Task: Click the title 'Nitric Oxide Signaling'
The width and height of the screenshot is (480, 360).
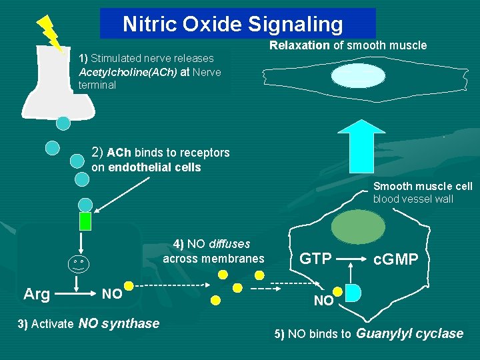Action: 233,25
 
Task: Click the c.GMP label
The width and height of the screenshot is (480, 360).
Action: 396,259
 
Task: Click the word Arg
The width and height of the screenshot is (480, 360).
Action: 36,294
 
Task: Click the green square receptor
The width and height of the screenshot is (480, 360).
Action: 85,221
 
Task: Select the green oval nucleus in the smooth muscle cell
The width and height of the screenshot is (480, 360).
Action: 358,227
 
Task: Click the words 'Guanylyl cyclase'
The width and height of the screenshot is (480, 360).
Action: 411,334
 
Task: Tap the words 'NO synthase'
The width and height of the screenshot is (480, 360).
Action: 119,324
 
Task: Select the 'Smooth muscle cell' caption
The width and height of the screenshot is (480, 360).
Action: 423,187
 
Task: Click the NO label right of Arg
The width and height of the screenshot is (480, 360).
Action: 111,294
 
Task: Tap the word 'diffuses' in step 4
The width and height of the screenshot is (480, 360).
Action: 229,244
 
